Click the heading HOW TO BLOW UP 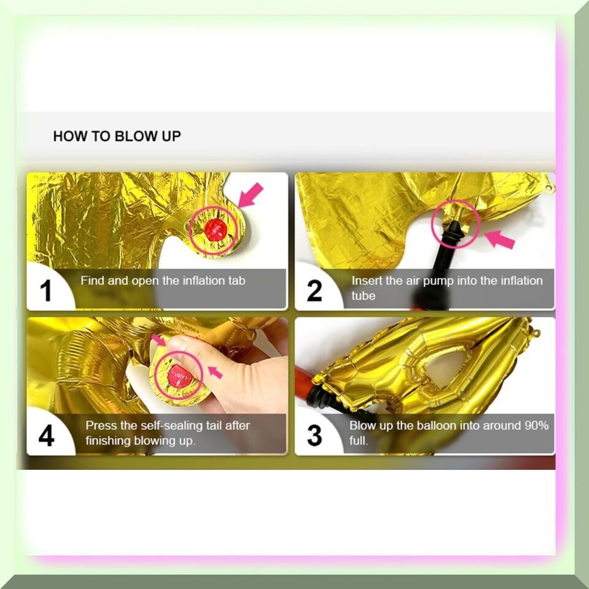(x=117, y=136)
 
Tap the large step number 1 (x=46, y=290)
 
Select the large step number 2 (x=314, y=290)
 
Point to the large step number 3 (x=314, y=436)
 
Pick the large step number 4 (x=47, y=436)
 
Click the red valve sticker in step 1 (x=215, y=230)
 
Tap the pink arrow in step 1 (x=250, y=194)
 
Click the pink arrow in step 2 (x=499, y=239)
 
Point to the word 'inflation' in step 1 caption (x=202, y=280)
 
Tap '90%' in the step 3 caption (x=537, y=426)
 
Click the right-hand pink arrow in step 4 (x=215, y=372)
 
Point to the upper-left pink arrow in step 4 (x=158, y=340)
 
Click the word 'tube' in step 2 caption (x=363, y=296)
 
